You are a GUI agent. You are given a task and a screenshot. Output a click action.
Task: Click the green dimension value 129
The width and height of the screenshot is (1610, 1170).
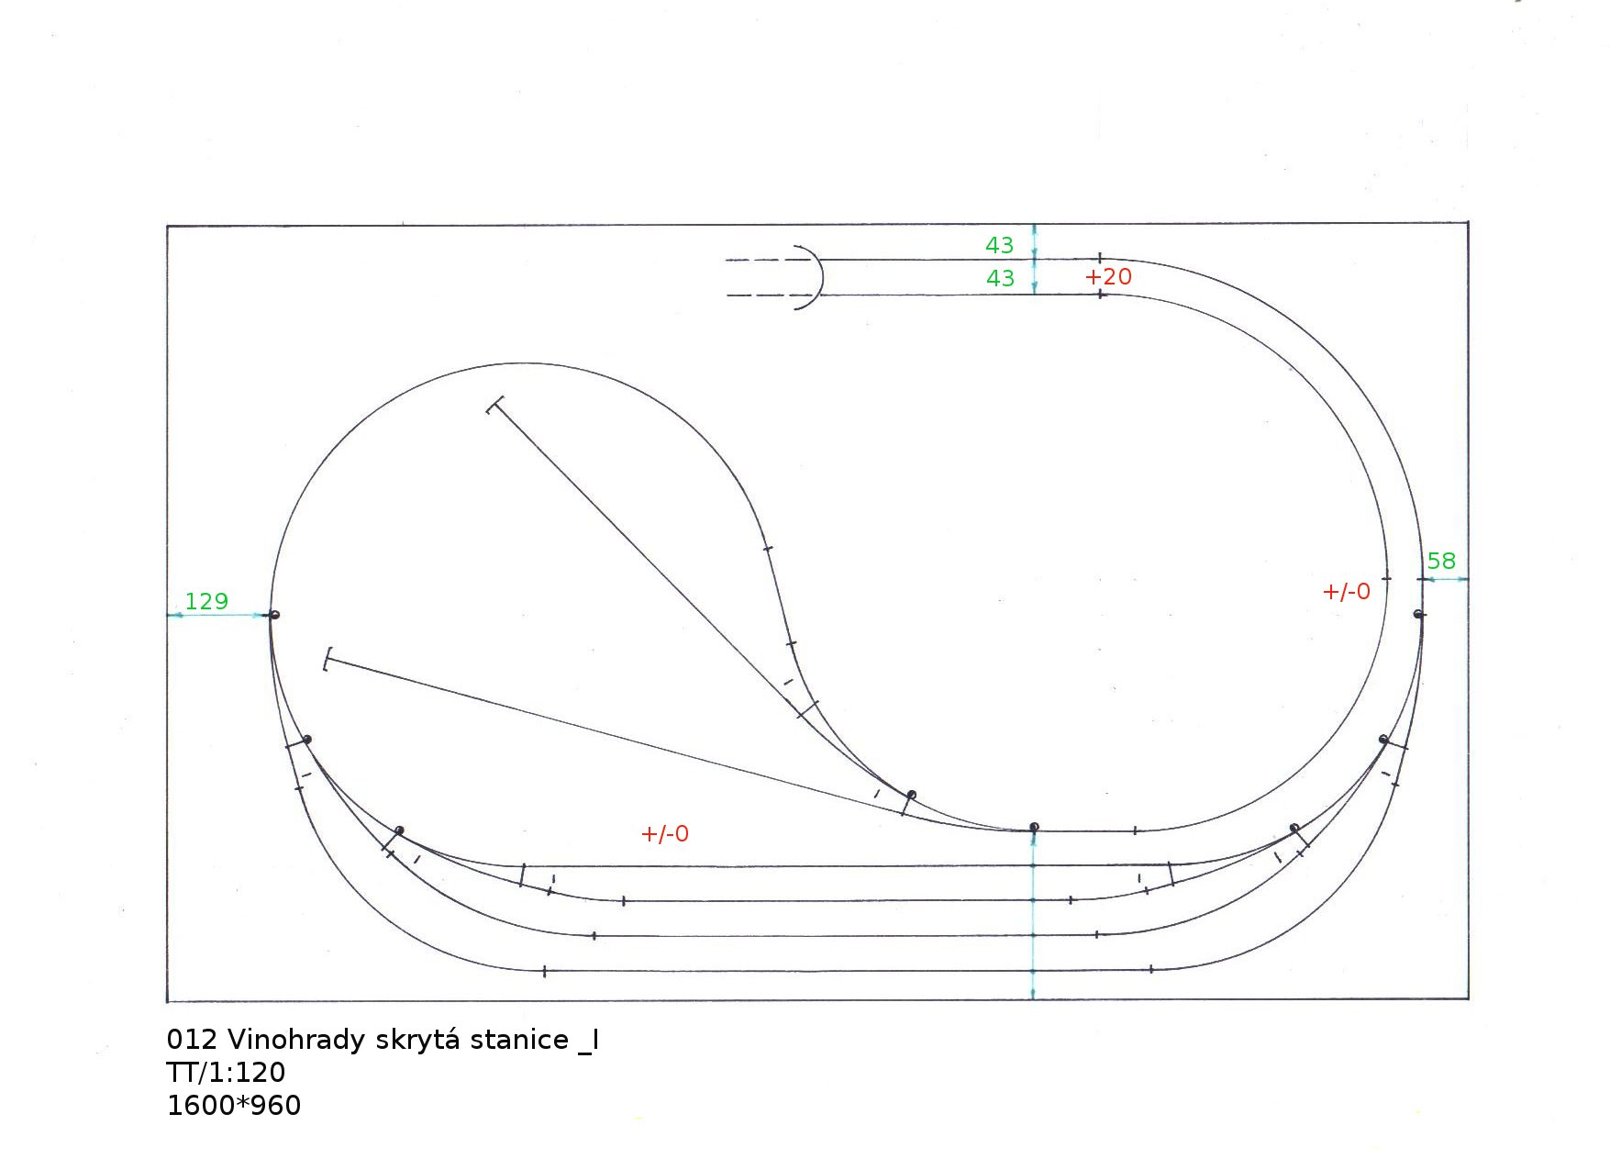(x=206, y=601)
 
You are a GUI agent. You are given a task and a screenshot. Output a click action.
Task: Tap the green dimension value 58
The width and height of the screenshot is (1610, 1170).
(x=1441, y=561)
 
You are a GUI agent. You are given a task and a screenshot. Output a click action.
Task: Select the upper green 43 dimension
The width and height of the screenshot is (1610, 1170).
(x=999, y=245)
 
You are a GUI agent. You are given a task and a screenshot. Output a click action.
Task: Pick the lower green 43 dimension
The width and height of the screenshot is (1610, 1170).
(x=1000, y=278)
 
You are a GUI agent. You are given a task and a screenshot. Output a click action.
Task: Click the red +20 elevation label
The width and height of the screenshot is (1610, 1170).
(x=1108, y=276)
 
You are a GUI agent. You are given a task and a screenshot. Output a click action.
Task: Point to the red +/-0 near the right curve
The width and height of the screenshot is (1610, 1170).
(x=1347, y=592)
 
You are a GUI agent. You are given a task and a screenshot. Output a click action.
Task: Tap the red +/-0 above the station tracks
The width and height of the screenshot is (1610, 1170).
(x=665, y=834)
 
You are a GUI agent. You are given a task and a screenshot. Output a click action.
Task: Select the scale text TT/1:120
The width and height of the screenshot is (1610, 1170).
(x=226, y=1073)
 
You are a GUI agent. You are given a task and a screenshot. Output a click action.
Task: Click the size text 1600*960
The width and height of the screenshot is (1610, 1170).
(x=234, y=1106)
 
